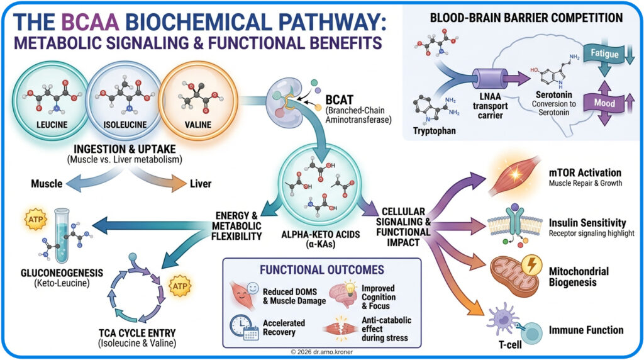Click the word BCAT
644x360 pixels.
(341, 99)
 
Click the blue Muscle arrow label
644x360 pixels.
(47, 184)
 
